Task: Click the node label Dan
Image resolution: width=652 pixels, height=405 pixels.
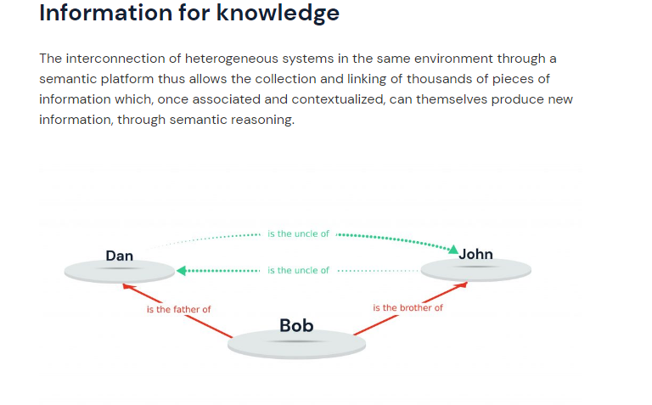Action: [120, 256]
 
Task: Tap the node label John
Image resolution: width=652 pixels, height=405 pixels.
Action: [475, 254]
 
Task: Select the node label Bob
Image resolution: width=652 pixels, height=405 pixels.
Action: [296, 325]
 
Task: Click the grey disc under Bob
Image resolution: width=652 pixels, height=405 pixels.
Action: [296, 344]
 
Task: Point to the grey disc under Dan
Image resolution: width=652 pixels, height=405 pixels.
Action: [120, 272]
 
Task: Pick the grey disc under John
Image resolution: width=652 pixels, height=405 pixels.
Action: [476, 270]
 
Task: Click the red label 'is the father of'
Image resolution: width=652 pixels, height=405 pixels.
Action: [179, 309]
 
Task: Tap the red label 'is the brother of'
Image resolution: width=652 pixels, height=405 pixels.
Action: [407, 307]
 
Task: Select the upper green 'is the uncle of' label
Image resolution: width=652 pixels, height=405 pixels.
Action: [298, 233]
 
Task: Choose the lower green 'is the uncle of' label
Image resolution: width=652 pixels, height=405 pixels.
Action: [298, 270]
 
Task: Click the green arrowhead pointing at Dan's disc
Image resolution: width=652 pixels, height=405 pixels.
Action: [182, 271]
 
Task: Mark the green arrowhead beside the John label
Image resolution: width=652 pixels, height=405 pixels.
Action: [453, 250]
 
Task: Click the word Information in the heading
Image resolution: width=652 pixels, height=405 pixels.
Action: [106, 13]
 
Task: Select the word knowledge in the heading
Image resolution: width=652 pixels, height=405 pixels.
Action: [278, 13]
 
